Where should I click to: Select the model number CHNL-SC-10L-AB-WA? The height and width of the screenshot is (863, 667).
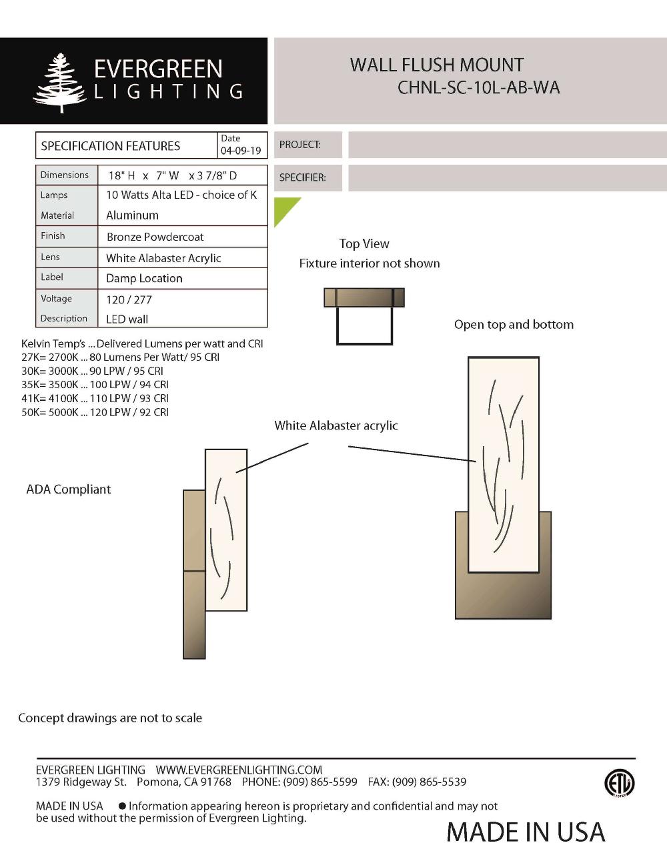point(478,88)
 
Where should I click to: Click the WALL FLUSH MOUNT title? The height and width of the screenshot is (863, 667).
point(436,65)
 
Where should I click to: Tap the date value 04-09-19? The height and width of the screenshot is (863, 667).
point(241,151)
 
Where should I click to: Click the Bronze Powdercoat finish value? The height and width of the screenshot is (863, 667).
point(155,237)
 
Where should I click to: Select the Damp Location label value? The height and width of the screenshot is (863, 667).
point(144,278)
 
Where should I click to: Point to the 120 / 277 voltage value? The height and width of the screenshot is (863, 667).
point(129,299)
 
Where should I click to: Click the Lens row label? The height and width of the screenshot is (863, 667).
point(50,257)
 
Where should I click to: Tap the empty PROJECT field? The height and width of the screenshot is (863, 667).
point(507,145)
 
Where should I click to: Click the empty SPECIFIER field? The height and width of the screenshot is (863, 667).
point(507,178)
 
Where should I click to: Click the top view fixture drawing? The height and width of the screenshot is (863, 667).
point(364,315)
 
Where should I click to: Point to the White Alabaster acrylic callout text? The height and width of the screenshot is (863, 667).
point(336,425)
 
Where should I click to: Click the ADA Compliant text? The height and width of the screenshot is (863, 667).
point(68,490)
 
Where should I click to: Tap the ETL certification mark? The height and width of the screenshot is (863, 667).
point(619,783)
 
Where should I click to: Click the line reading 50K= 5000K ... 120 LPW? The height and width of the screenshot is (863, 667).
point(95,412)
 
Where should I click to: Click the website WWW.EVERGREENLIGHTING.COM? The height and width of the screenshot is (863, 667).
point(239,770)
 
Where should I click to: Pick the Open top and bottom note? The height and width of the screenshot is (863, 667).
point(514,325)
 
